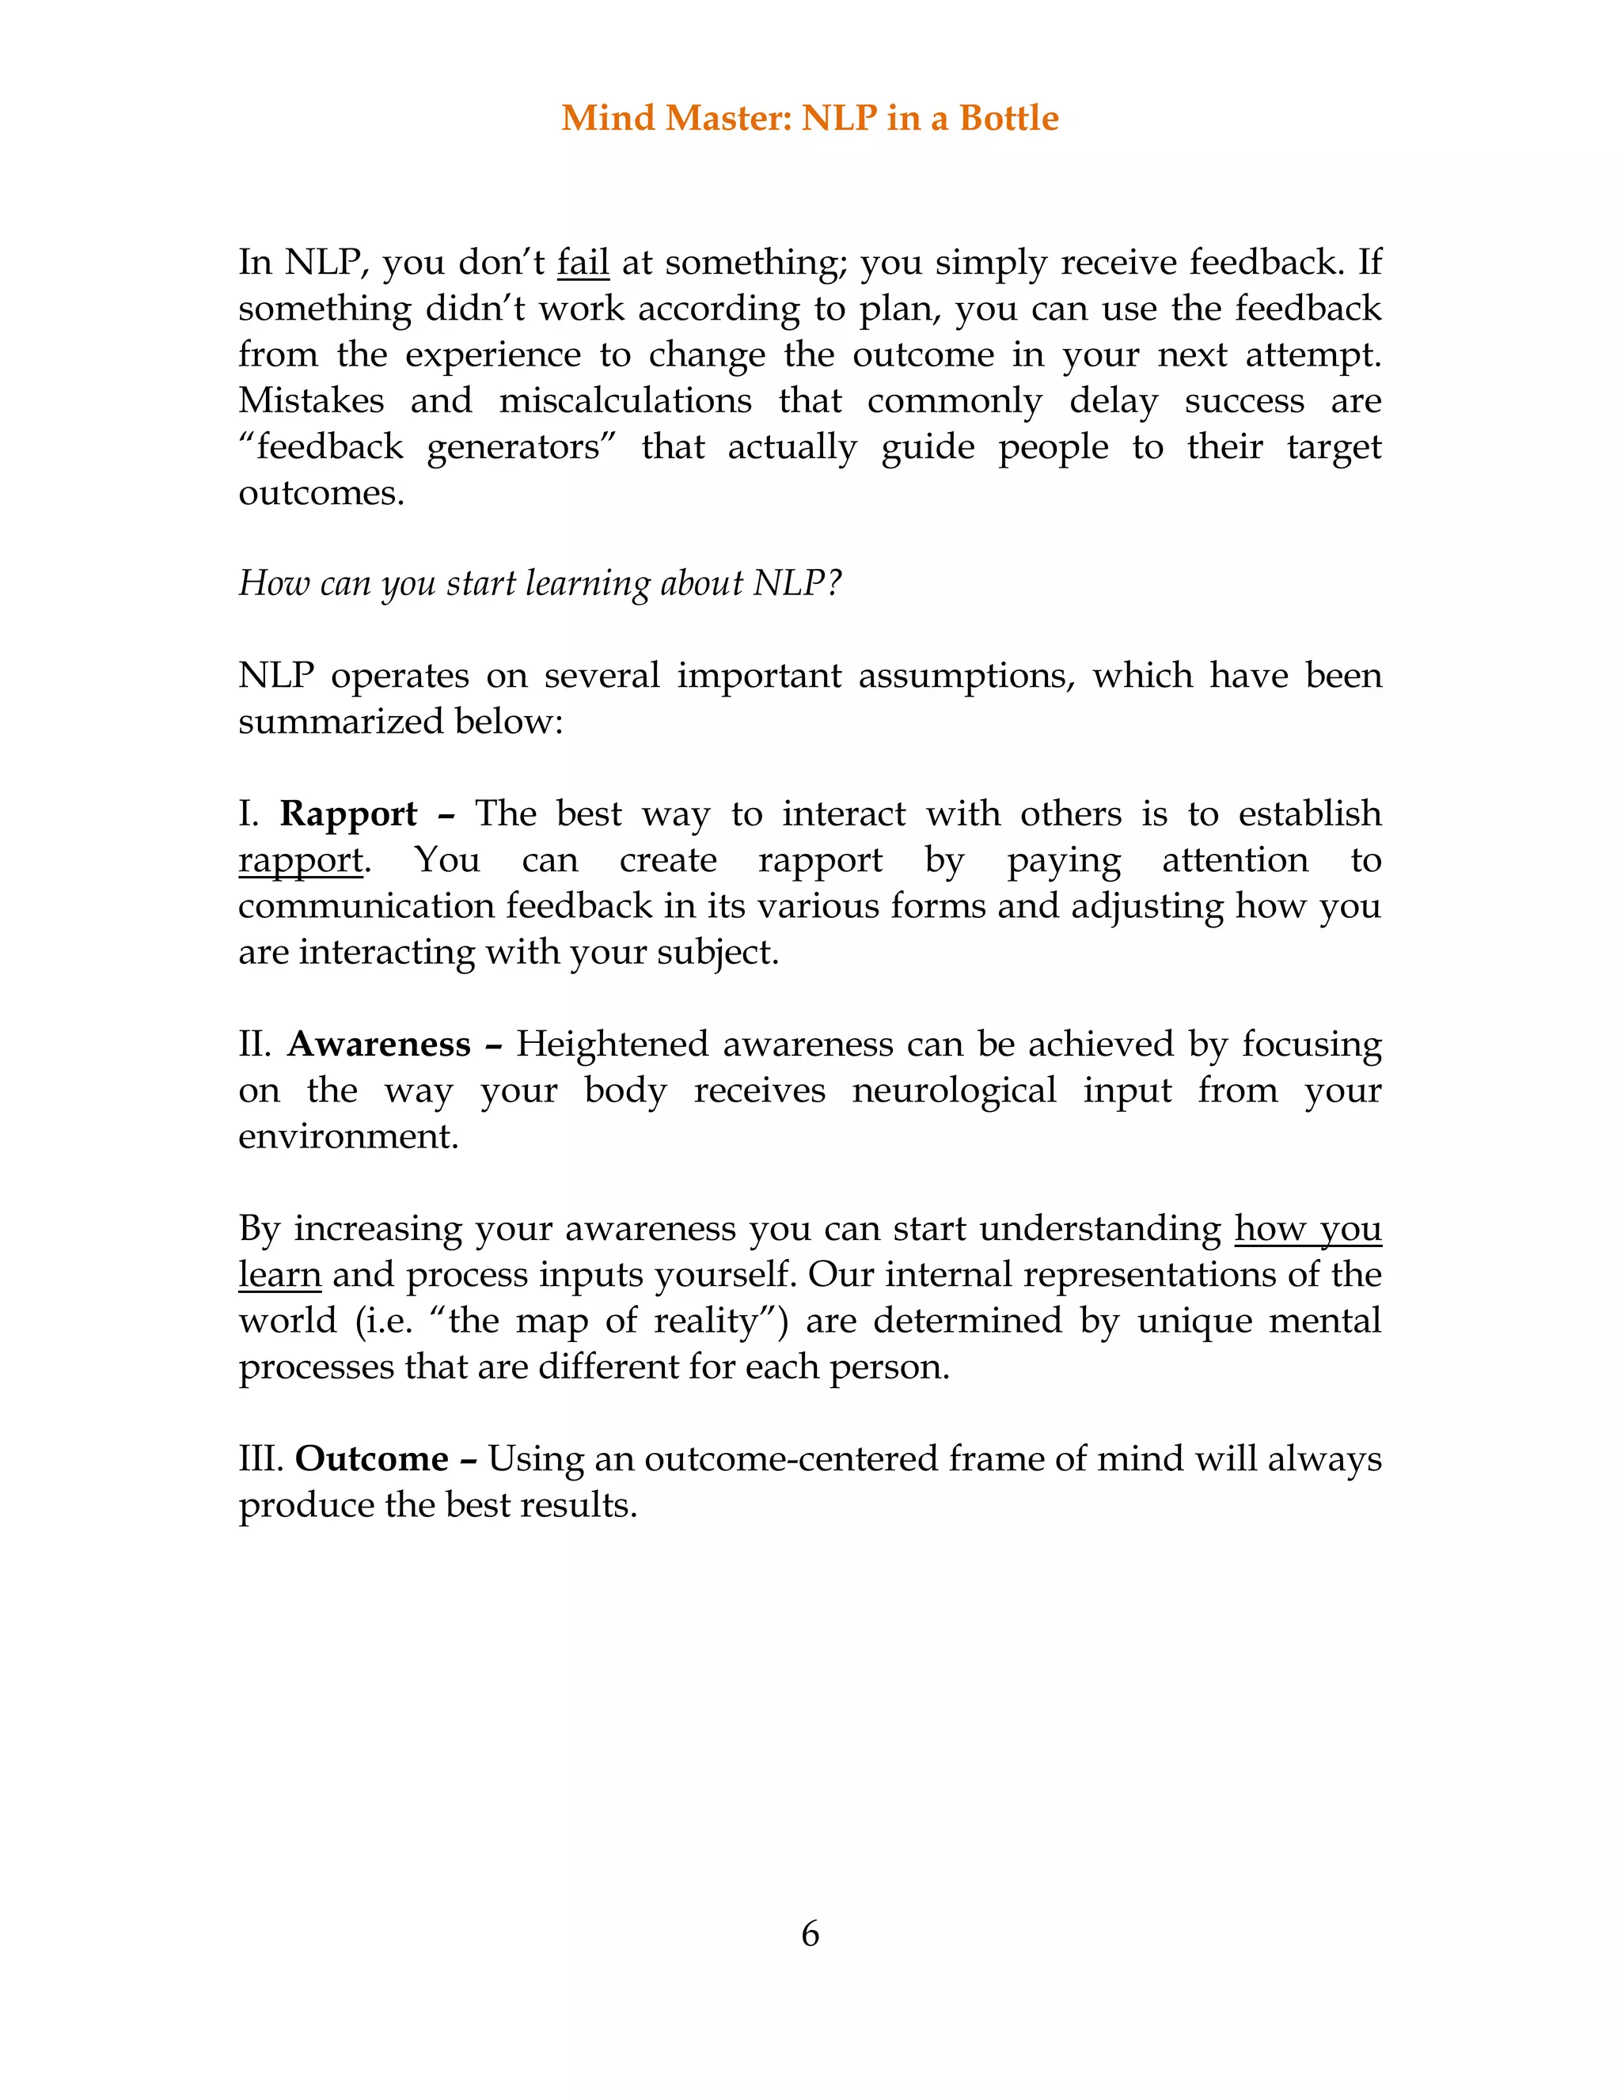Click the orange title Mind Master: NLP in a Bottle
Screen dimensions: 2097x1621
point(810,118)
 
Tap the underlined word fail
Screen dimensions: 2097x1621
point(583,262)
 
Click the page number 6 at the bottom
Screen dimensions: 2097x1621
point(810,1933)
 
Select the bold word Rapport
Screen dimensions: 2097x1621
point(347,814)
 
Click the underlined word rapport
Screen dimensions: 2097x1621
point(301,860)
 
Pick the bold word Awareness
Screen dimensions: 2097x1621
point(378,1044)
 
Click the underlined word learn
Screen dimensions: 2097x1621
point(279,1274)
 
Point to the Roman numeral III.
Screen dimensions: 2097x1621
point(260,1458)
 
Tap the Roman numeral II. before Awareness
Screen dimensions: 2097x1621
point(256,1044)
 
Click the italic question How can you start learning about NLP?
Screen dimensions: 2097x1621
point(540,583)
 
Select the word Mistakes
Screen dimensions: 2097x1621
point(311,400)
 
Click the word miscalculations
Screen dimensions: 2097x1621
point(625,400)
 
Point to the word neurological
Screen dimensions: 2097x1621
point(954,1090)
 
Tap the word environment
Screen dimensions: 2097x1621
point(347,1136)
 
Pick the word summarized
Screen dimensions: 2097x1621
point(341,721)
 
